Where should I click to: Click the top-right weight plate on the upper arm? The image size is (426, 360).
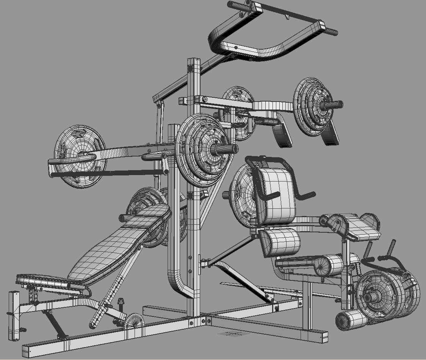click(313, 106)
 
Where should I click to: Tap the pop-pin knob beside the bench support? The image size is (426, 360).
click(121, 302)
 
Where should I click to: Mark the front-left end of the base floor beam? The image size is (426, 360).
click(28, 351)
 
